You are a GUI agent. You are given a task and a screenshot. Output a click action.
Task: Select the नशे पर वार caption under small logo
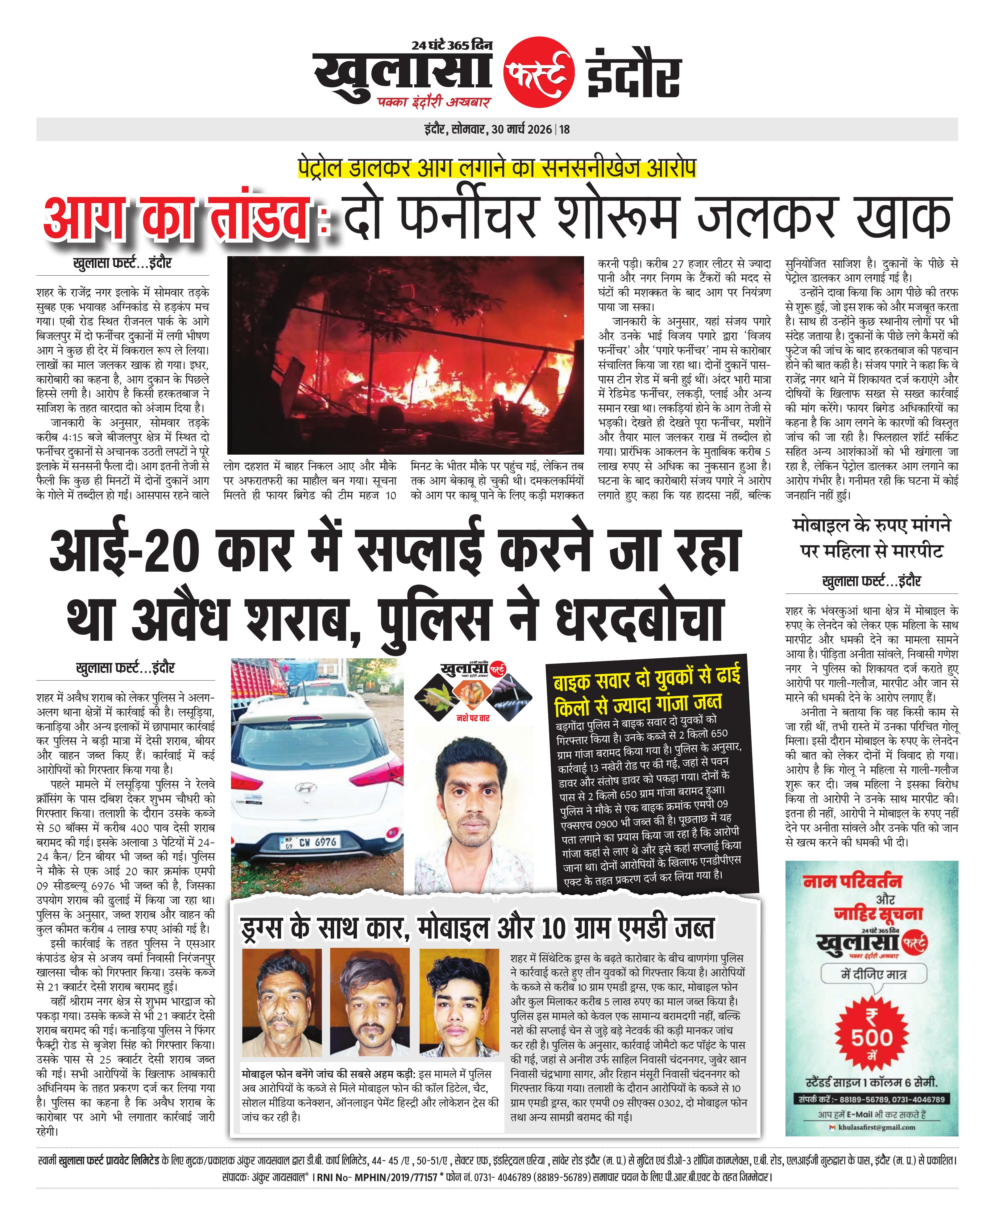473,718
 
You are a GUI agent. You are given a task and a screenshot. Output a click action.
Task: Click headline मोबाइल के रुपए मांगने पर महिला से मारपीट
871,538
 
